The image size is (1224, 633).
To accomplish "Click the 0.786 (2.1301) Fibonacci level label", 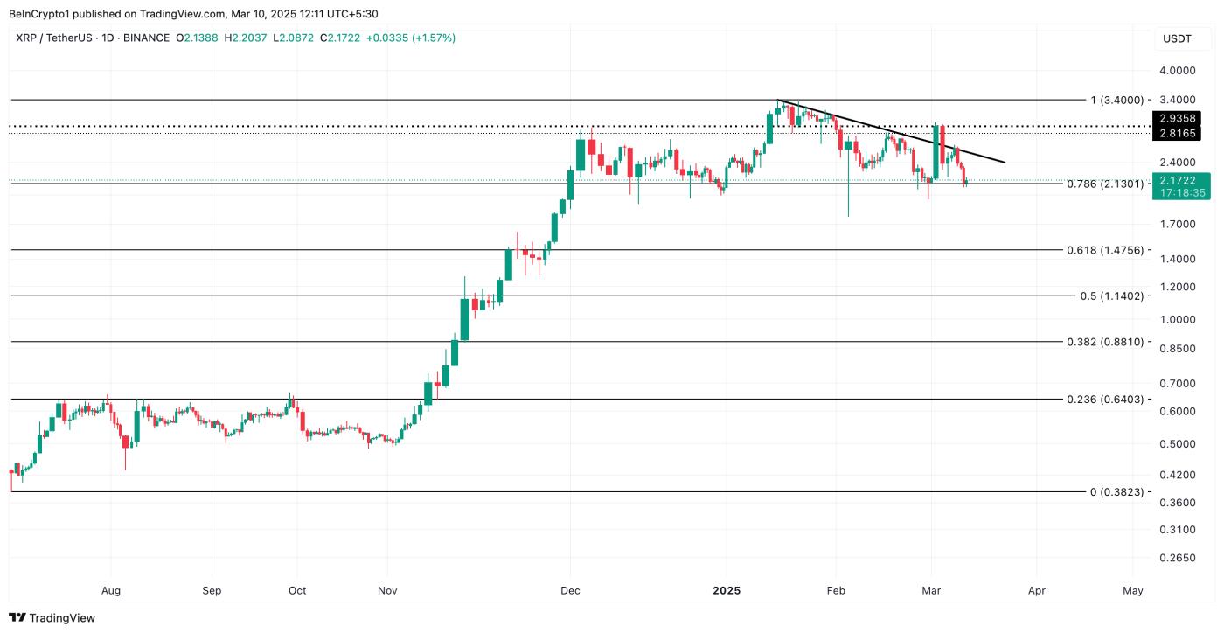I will pos(1105,184).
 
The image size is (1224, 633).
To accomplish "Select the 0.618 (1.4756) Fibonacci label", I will pos(1105,250).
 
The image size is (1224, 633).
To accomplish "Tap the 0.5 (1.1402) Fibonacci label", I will pos(1111,296).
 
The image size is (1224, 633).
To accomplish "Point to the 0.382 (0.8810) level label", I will pos(1105,342).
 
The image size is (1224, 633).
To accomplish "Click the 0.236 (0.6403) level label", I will pos(1105,400).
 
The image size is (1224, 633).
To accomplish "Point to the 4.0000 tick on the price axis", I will pos(1177,70).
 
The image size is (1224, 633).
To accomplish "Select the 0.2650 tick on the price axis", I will pos(1177,558).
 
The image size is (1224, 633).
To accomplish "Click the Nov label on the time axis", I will pos(387,590).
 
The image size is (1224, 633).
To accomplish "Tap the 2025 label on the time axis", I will pos(727,590).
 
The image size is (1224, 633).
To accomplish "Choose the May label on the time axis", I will pos(1132,590).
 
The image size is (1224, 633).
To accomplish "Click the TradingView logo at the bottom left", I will pos(52,618).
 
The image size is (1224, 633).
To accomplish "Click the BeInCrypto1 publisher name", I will pos(39,13).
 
